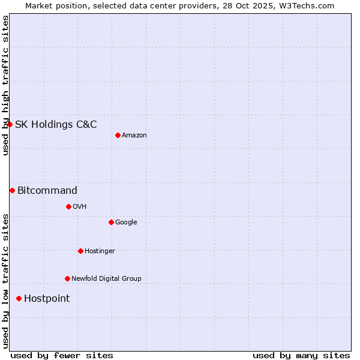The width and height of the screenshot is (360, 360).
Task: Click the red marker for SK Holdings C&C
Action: (10, 124)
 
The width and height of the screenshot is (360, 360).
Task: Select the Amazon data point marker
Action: (118, 135)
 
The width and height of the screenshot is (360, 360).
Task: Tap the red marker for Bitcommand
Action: (12, 190)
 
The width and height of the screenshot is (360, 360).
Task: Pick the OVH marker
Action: (68, 206)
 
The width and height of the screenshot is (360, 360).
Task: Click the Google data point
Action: (111, 222)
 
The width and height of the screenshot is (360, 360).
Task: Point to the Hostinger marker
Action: (80, 251)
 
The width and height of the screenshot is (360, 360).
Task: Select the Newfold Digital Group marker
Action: (67, 278)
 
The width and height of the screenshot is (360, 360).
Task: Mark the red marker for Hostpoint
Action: (19, 298)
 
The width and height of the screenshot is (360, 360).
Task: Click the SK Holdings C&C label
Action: (56, 125)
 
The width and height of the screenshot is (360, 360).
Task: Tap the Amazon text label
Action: (134, 136)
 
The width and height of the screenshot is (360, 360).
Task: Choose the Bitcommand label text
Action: (47, 191)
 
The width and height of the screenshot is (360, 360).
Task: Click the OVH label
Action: (80, 207)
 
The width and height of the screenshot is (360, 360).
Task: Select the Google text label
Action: (126, 223)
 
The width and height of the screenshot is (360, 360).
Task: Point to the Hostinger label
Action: (100, 251)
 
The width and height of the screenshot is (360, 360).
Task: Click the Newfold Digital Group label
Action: (106, 279)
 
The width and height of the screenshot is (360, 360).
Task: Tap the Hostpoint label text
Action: (47, 299)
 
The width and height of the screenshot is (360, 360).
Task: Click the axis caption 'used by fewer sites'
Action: (62, 355)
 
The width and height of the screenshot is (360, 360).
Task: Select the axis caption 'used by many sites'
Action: (301, 355)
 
